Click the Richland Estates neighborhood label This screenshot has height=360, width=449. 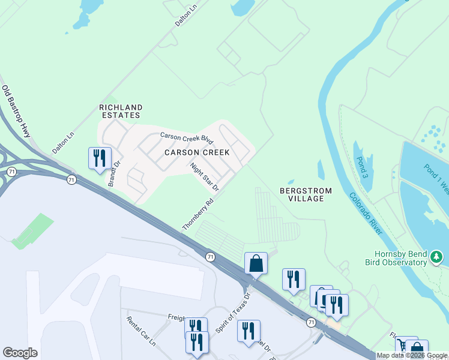pos(119,111)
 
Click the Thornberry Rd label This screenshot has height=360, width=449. pos(198,215)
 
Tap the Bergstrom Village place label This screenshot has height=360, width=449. pos(302,194)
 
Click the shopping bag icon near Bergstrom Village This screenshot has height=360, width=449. pos(256,262)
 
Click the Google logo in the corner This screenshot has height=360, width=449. pos(20,353)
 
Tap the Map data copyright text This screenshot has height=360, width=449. pos(411,356)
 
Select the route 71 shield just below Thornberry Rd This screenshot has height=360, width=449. pos(209,257)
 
